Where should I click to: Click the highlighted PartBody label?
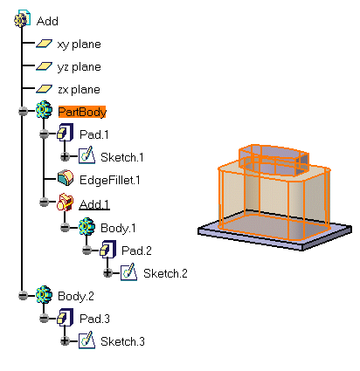click(x=82, y=112)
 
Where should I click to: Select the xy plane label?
click(x=79, y=45)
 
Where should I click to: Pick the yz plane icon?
click(x=44, y=66)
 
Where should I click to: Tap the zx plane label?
click(x=79, y=89)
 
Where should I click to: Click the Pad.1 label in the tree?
click(x=94, y=134)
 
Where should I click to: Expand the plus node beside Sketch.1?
click(x=65, y=156)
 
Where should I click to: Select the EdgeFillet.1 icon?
click(x=66, y=178)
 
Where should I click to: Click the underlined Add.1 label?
click(x=94, y=204)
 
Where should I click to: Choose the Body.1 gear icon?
click(x=87, y=226)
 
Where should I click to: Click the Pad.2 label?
click(x=136, y=251)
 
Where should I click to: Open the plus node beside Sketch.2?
click(x=107, y=272)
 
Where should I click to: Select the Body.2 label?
click(x=76, y=296)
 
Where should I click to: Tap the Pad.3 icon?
click(x=65, y=318)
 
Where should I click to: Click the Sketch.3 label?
click(x=122, y=341)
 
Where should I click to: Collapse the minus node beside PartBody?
click(x=23, y=111)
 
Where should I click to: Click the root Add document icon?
click(x=22, y=19)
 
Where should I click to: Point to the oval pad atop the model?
click(x=273, y=160)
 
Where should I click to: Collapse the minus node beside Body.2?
click(x=23, y=296)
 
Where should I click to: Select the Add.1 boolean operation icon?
click(x=66, y=202)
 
